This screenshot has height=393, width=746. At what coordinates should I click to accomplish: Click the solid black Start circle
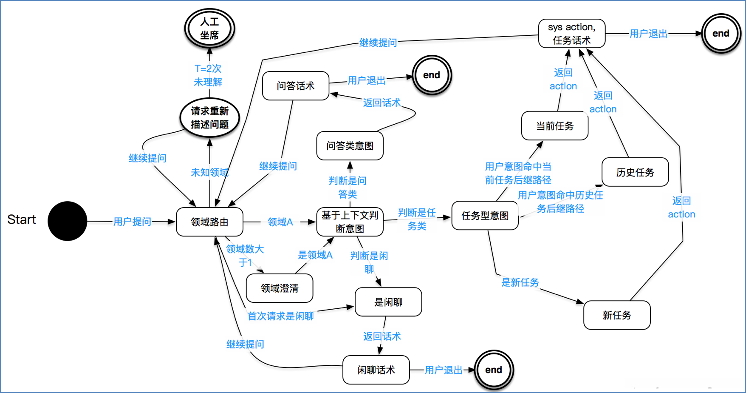coord(67,221)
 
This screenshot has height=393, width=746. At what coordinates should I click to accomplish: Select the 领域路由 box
coord(209,222)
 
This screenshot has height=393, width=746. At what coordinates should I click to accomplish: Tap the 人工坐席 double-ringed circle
coord(209,28)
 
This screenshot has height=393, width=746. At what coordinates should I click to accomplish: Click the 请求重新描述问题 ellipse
coord(209,118)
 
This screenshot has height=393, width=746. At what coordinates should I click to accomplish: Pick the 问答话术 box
coord(296,86)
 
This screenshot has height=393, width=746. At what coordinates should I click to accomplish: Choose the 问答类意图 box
coord(350,146)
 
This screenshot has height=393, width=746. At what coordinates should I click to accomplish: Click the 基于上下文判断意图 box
coord(350,222)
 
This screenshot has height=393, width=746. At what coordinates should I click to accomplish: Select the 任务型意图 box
coord(485,216)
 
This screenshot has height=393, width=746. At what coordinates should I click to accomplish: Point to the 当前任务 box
coord(555,126)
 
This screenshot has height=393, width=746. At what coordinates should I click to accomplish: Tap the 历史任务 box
coord(635,172)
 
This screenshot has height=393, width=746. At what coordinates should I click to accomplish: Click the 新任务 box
coord(617,315)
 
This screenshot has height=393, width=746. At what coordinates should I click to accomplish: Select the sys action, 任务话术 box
coord(572,34)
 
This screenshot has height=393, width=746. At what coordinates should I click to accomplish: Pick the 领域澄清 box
coord(280,288)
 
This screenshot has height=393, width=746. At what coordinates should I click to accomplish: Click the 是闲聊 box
coord(388,302)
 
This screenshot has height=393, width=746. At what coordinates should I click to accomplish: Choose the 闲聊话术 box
coord(376,370)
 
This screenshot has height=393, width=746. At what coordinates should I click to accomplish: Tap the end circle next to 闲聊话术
coord(494,370)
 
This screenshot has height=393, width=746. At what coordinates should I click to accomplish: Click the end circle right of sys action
coord(721,34)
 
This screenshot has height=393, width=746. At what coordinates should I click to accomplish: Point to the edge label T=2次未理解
coord(208,75)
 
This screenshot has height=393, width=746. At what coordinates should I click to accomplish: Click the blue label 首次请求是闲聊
coord(281,316)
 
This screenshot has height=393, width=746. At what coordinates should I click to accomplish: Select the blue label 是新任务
coord(520,282)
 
